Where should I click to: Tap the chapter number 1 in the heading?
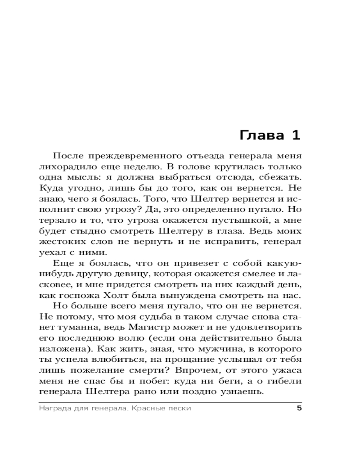pyautogui.click(x=295, y=135)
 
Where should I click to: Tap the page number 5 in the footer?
pyautogui.click(x=298, y=408)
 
